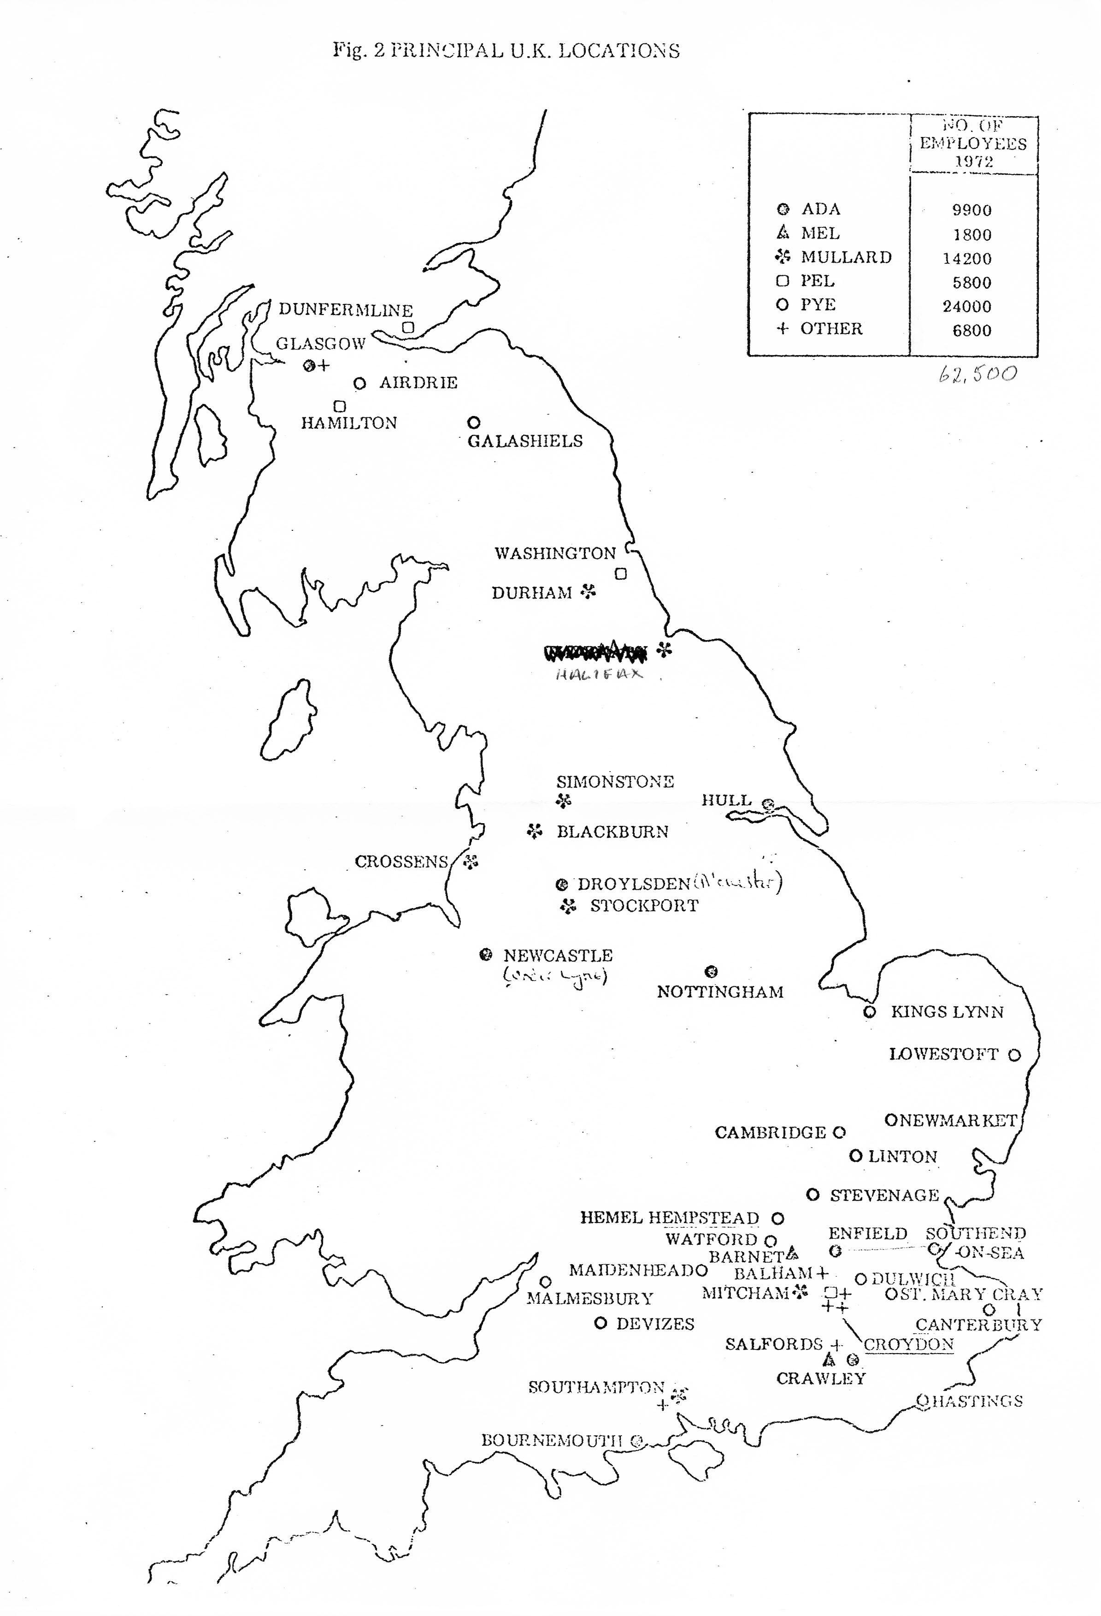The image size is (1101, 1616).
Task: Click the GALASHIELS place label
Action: [525, 441]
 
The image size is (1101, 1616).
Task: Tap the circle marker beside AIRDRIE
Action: [359, 383]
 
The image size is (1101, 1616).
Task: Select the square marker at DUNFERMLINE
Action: [409, 327]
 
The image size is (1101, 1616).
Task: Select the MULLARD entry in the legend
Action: [845, 257]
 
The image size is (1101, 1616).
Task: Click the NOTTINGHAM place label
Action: [720, 992]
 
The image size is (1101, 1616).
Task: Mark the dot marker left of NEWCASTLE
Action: [486, 955]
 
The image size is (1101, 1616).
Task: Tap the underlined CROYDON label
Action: [908, 1344]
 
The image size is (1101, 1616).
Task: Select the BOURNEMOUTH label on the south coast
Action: [553, 1440]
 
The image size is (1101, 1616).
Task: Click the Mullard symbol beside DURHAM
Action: [589, 592]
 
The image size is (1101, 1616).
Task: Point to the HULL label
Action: [726, 800]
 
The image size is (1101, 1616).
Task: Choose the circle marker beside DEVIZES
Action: [601, 1323]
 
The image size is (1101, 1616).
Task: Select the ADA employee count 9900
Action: [971, 210]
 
